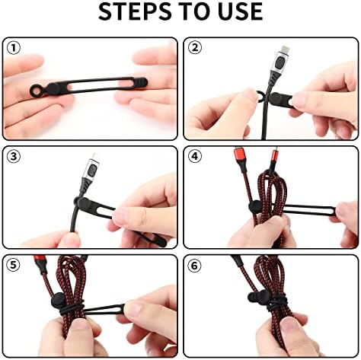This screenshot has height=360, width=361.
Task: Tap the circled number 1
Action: click(13, 48)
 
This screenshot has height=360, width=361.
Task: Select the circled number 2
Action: click(195, 48)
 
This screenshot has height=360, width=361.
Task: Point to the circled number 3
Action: click(13, 157)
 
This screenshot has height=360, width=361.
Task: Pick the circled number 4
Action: click(195, 157)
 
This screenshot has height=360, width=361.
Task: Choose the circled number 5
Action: click(13, 266)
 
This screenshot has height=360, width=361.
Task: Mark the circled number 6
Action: click(195, 266)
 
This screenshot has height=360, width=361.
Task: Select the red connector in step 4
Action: click(235, 163)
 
